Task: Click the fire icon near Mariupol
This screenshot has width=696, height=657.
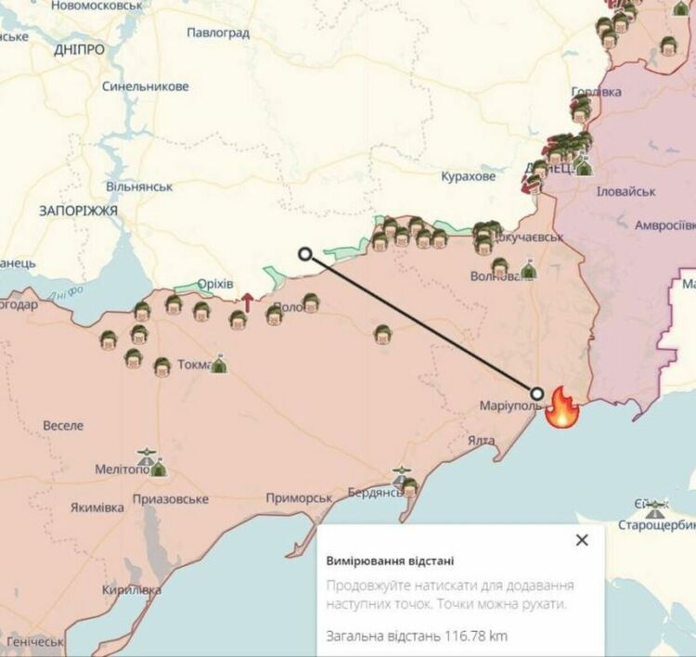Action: coord(562,407)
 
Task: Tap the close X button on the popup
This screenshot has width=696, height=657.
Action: coord(582,540)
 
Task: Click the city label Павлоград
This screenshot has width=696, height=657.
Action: coord(218,32)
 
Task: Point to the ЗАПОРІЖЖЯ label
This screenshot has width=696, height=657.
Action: coord(78,212)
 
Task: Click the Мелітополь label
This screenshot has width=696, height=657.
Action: coord(122,470)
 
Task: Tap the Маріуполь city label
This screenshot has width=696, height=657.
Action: coord(509,406)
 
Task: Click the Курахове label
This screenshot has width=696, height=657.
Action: coord(469,176)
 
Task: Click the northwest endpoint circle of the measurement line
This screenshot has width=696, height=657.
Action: coord(305,253)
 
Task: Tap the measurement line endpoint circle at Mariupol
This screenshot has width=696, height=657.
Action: coord(537,393)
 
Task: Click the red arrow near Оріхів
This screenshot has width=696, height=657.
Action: coord(248,301)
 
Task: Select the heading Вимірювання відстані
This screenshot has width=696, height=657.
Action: coord(390,561)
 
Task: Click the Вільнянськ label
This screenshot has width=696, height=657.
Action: coord(138,187)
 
